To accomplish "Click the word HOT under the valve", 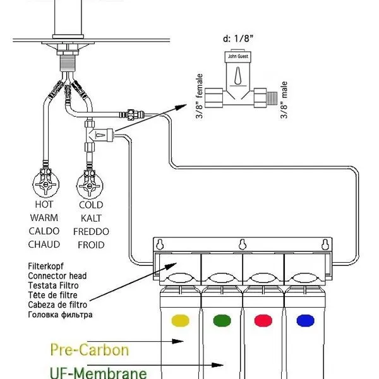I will [x=44, y=205].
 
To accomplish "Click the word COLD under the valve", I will [x=91, y=205].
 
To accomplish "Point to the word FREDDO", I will [x=91, y=231].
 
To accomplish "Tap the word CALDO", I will [x=44, y=231].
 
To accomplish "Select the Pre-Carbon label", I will [x=89, y=350].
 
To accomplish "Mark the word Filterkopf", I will [x=46, y=267].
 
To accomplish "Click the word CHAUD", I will [x=44, y=244].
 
